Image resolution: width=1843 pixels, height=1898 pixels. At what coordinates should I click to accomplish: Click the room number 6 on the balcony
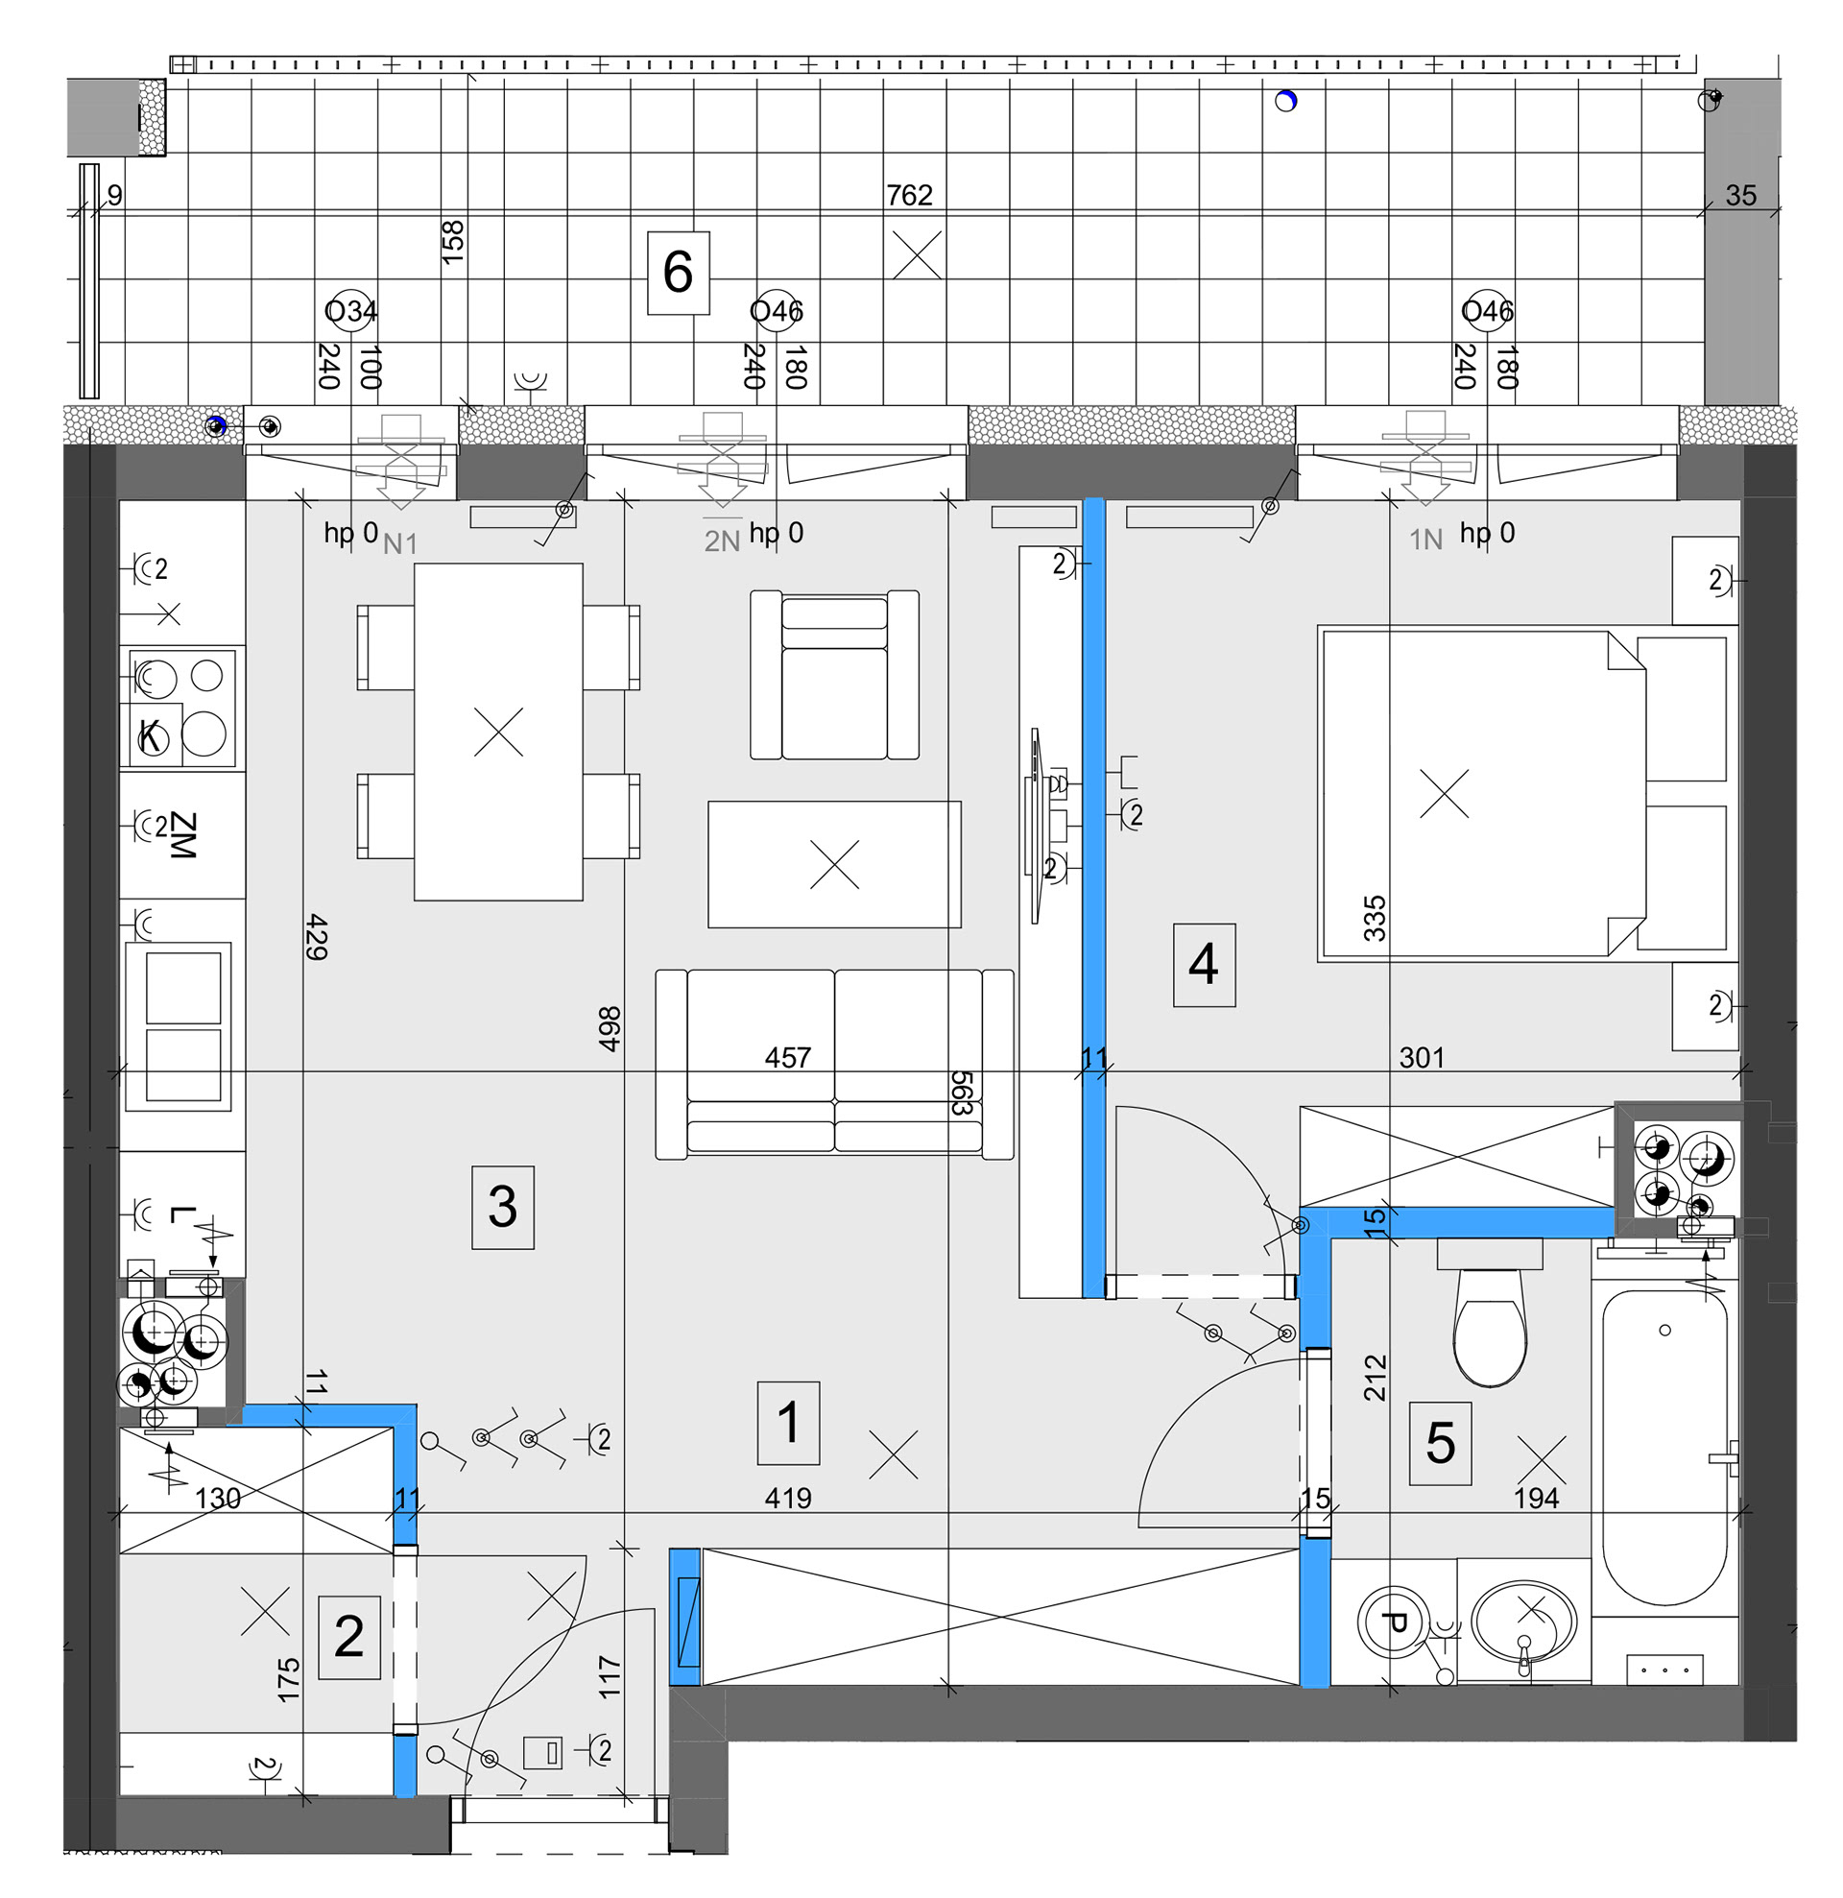tap(678, 272)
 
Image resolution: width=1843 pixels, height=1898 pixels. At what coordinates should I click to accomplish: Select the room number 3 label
tap(502, 1207)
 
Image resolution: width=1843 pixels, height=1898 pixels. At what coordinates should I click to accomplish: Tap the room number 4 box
tap(1203, 965)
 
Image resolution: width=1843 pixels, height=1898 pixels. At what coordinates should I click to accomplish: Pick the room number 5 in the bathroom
tap(1440, 1443)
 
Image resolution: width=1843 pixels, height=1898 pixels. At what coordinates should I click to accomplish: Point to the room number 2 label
tap(348, 1637)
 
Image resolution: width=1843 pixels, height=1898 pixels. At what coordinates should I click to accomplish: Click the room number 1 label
tap(788, 1423)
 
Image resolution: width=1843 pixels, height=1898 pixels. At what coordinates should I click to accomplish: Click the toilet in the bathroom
tap(1490, 1327)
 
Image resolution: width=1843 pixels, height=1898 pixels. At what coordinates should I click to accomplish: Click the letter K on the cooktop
tap(150, 736)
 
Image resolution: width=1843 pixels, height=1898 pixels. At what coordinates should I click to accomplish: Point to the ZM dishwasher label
tap(182, 834)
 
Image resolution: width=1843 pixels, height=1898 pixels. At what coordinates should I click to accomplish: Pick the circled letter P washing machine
tap(1395, 1623)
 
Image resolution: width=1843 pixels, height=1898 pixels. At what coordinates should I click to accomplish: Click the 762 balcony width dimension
tap(909, 196)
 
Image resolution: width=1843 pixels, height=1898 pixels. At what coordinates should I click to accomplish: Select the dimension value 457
tap(787, 1057)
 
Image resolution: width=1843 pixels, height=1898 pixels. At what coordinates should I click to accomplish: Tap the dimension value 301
tap(1421, 1057)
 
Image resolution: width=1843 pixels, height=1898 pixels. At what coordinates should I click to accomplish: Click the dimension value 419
tap(787, 1498)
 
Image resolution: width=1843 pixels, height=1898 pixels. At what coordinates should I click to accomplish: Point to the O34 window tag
tap(350, 311)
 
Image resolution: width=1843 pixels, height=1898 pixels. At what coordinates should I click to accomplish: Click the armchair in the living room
tap(834, 675)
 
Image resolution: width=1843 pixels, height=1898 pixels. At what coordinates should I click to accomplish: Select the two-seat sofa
tap(834, 1064)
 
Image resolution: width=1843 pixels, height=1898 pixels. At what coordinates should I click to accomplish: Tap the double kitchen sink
tap(182, 1026)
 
